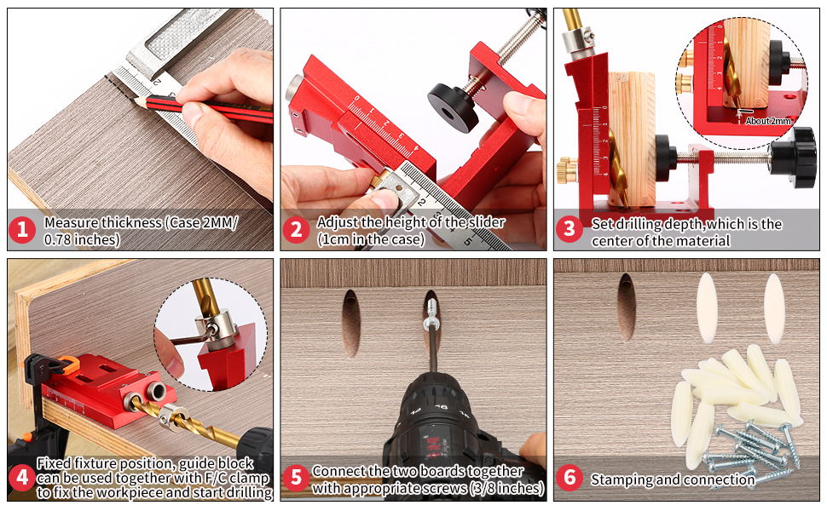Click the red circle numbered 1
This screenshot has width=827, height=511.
22,230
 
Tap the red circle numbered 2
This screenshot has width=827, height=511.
296,230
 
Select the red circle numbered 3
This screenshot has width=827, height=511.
569,229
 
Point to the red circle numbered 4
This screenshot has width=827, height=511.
22,477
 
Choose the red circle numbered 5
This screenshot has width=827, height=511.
296,478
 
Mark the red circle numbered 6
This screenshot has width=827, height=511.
570,477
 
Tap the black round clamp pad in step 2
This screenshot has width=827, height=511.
453,107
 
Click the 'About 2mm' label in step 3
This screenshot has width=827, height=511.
768,121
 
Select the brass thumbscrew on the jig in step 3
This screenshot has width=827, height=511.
567,170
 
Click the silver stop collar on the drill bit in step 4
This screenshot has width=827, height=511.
170,416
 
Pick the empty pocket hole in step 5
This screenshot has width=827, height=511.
351,323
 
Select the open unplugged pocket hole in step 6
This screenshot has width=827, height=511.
627,307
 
